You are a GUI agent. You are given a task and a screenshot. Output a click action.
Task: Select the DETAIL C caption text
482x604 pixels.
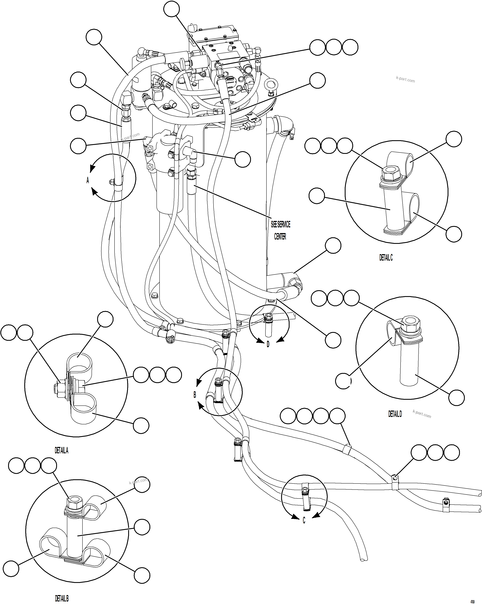coord(386,258)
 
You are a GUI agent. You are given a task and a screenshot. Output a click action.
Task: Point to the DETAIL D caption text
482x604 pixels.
coord(395,414)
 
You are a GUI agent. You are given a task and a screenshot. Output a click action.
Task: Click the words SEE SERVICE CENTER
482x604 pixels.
coord(280,230)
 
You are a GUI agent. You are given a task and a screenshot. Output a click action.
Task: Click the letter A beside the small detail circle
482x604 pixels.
coord(88,180)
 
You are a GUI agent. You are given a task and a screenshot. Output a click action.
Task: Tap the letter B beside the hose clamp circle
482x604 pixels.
coord(195,395)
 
